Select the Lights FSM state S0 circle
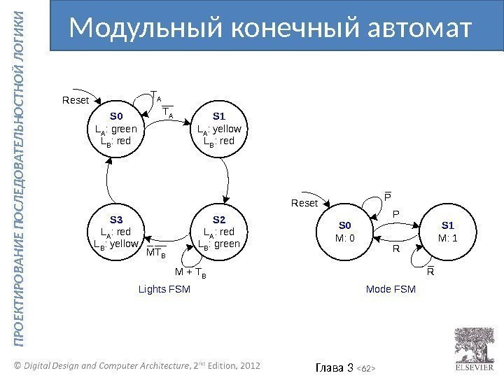coord(116,129)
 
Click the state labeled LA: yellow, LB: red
coord(218,129)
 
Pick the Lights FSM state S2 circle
coord(218,232)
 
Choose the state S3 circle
coord(116,232)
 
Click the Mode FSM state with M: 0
coord(346,231)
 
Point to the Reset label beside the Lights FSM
coord(76,101)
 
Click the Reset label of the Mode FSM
coord(304,203)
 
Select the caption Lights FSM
coord(164,288)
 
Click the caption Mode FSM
coord(391,288)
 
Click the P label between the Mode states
coord(394,213)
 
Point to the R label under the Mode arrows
coord(395,248)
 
